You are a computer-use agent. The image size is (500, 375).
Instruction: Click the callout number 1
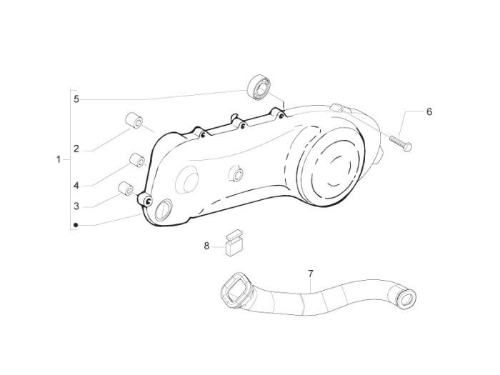click(x=59, y=159)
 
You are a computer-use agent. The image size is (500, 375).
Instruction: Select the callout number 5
click(x=76, y=99)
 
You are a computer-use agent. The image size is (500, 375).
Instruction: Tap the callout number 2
click(x=76, y=149)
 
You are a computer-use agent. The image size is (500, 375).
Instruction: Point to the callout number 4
click(x=76, y=186)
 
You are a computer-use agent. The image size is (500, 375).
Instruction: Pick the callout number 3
click(x=76, y=206)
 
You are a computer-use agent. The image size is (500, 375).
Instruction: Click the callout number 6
click(x=429, y=111)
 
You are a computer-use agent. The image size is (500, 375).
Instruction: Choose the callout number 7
click(x=311, y=274)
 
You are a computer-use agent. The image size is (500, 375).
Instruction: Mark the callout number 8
click(x=206, y=246)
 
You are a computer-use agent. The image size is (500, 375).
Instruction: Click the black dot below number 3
click(x=76, y=225)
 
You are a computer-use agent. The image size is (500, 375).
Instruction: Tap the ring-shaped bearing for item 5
click(x=259, y=87)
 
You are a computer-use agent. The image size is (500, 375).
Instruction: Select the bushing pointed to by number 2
click(x=134, y=121)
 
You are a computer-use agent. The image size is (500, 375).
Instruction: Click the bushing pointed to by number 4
click(x=137, y=160)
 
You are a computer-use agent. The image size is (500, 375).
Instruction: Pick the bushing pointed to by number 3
click(x=126, y=189)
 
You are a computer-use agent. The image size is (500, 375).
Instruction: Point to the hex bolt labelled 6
click(x=401, y=144)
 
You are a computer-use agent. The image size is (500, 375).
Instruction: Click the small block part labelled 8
click(x=234, y=242)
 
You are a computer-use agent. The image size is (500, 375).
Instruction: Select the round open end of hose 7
click(x=406, y=299)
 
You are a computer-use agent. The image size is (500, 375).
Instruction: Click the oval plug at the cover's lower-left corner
click(x=164, y=210)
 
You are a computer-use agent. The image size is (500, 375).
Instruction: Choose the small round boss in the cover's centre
click(x=236, y=174)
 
